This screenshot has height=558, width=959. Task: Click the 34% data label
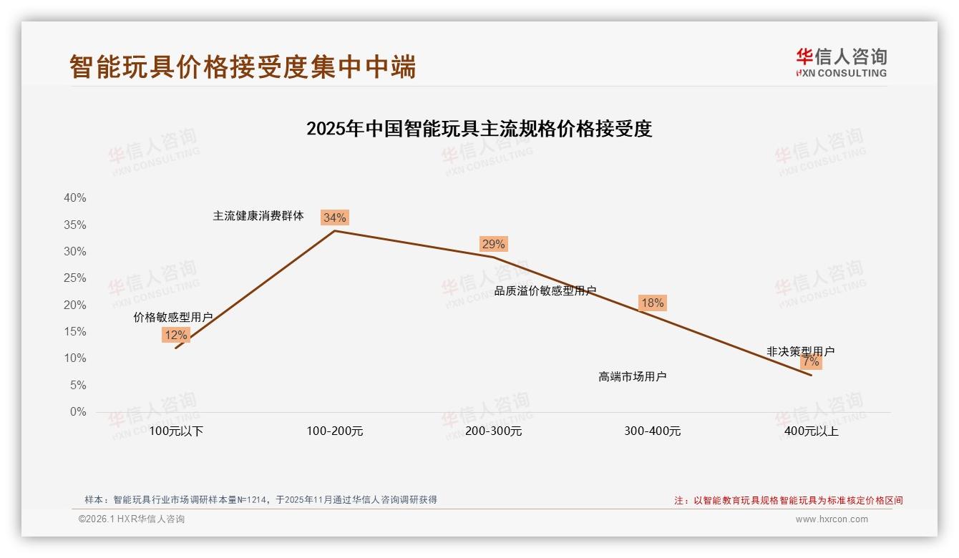334,217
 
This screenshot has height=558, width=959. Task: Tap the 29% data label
493,244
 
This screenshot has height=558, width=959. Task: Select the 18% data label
652,303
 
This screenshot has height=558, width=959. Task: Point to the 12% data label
175,335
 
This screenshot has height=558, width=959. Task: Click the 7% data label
811,361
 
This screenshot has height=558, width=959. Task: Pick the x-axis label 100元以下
176,431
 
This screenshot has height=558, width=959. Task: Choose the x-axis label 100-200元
335,431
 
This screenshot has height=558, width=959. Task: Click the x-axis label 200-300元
494,431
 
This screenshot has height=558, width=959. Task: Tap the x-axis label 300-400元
653,431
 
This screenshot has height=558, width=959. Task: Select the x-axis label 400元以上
812,431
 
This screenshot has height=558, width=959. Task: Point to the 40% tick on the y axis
74,198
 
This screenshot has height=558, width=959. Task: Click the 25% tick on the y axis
74,278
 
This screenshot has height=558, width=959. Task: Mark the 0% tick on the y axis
77,412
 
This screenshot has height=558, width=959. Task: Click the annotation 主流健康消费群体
258,215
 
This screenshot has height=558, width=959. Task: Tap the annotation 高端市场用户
633,376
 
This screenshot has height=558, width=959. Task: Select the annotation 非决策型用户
800,351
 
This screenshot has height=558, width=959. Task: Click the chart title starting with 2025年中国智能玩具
479,129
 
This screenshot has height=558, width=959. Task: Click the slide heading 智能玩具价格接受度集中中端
243,67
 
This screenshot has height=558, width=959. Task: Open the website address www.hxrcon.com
832,519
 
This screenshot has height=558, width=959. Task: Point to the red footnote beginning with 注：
789,501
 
